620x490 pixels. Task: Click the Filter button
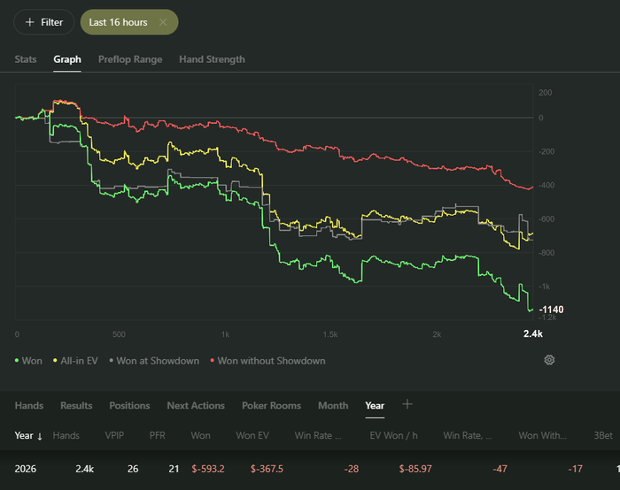click(x=44, y=22)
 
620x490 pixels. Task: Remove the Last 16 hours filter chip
click(x=163, y=22)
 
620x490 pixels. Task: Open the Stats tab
click(x=26, y=59)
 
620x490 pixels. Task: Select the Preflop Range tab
click(x=130, y=59)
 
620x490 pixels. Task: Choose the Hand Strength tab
click(x=212, y=59)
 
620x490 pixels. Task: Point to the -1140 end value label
click(x=551, y=310)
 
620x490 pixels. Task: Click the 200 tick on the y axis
click(x=545, y=93)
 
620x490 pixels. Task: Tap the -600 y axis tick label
click(x=546, y=219)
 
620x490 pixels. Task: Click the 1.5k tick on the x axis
click(x=330, y=334)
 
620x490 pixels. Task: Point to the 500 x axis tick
click(x=119, y=334)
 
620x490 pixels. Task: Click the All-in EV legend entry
click(x=75, y=361)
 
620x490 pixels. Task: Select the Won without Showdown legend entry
click(x=267, y=361)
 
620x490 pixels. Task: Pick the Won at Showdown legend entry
click(x=154, y=361)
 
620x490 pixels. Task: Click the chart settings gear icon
click(x=549, y=360)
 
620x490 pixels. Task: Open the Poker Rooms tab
click(x=271, y=405)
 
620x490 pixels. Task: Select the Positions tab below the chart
click(x=129, y=405)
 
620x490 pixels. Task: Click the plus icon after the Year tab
click(x=407, y=404)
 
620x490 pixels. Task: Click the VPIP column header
click(x=114, y=435)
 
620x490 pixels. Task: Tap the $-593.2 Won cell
click(x=208, y=469)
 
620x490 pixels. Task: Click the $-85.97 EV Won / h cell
click(x=415, y=469)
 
